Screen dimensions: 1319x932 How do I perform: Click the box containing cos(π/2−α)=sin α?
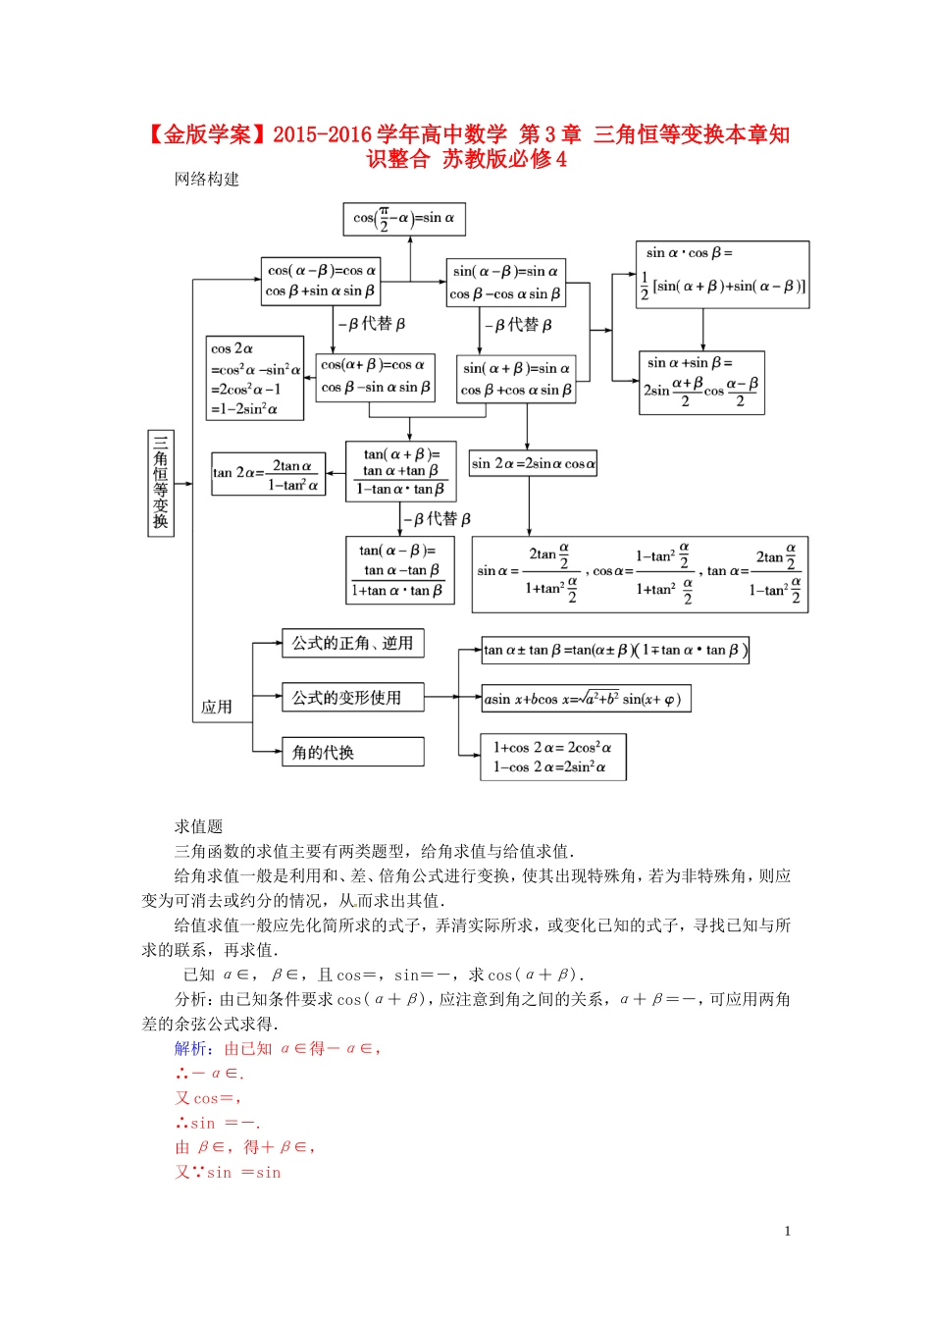[x=403, y=219]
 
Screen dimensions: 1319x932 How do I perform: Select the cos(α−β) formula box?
[x=320, y=281]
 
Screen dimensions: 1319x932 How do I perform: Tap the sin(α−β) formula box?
[x=505, y=282]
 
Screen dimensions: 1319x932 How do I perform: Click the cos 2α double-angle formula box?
[x=254, y=379]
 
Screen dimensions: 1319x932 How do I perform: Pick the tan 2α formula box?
[x=268, y=474]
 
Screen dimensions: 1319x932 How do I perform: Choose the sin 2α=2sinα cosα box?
[x=533, y=463]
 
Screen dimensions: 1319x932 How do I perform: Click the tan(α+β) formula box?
[x=400, y=471]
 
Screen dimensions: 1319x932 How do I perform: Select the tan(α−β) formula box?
[x=399, y=570]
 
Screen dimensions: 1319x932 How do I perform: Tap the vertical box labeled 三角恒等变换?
[x=160, y=483]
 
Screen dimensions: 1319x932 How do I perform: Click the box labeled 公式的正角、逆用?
[x=352, y=644]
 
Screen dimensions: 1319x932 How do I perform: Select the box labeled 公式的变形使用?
[x=352, y=698]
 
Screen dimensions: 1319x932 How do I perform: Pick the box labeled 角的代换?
[x=352, y=753]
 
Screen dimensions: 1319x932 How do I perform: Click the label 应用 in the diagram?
[x=217, y=707]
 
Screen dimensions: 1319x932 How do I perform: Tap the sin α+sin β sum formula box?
[x=701, y=383]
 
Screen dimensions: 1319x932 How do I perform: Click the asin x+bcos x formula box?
[x=586, y=699]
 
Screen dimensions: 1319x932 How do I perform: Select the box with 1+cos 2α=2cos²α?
[x=552, y=758]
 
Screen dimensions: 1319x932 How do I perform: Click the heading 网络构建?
[x=207, y=179]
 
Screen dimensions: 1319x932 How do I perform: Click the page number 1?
[x=787, y=1231]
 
